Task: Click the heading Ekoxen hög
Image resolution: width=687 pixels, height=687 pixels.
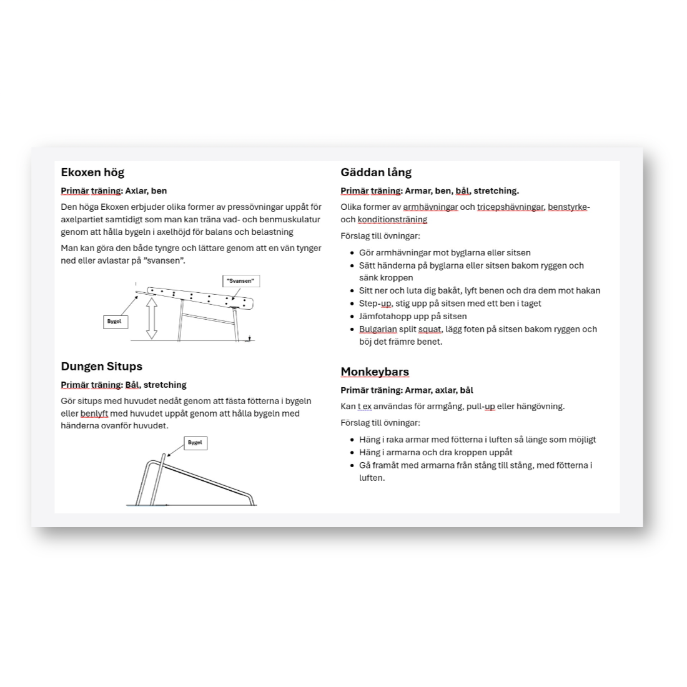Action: [92, 172]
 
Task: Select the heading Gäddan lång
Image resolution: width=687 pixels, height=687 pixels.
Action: [376, 172]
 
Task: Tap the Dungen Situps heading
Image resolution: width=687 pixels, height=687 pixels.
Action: [101, 367]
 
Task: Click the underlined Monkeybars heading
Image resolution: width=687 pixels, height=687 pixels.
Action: [375, 372]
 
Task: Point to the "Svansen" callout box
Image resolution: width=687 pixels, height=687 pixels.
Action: [240, 281]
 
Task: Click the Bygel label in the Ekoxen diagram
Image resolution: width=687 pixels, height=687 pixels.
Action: [114, 322]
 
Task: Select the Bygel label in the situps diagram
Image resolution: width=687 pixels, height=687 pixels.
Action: [195, 443]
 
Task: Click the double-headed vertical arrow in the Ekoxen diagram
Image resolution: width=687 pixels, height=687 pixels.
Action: [152, 318]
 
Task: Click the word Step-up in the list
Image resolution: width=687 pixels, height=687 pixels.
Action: [375, 304]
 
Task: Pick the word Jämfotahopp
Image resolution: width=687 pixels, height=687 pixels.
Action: [385, 316]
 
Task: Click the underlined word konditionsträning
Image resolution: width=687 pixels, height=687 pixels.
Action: [392, 220]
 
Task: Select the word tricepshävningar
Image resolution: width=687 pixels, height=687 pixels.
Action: [510, 207]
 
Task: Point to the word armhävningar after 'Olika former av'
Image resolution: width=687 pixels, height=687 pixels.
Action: [430, 207]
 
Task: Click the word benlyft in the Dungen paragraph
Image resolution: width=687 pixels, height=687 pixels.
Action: [94, 413]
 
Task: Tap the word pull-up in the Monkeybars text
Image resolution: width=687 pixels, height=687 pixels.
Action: [480, 407]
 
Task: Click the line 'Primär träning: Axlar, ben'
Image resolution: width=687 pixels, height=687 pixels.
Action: [114, 191]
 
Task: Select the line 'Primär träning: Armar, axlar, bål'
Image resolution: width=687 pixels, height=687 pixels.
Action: [407, 390]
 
